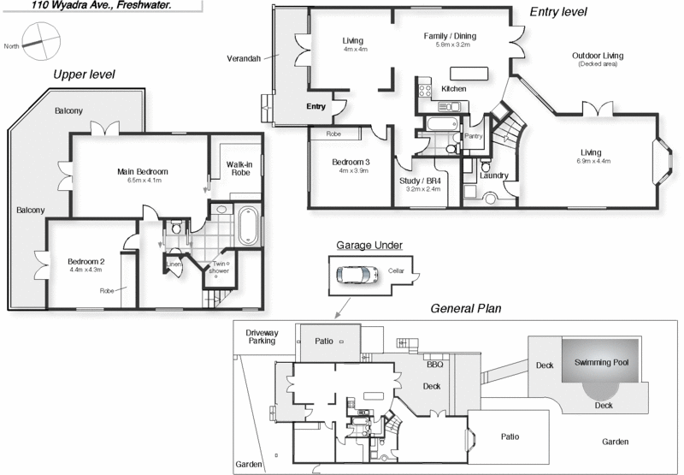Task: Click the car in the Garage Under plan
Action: click(356, 275)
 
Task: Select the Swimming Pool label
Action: click(601, 362)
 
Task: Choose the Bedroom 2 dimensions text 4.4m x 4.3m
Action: click(85, 270)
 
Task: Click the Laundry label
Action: click(494, 175)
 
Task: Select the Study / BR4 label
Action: click(421, 181)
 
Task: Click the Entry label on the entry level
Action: click(315, 106)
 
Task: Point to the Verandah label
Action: click(244, 59)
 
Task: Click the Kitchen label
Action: click(453, 89)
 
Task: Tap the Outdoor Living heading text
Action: click(598, 56)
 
